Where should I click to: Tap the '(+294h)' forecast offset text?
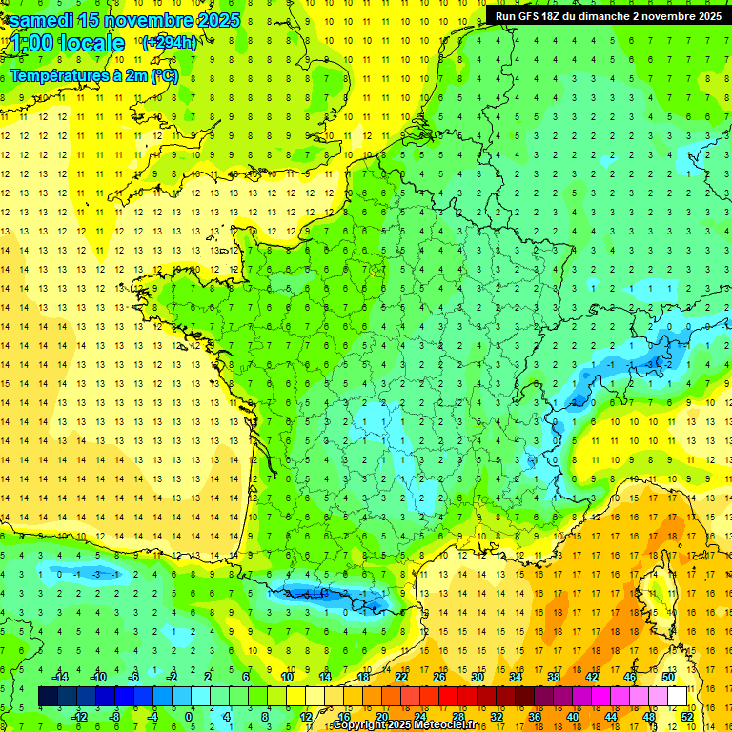pyautogui.click(x=169, y=42)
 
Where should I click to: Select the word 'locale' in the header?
pyautogui.click(x=91, y=43)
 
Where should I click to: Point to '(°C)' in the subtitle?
pyautogui.click(x=163, y=75)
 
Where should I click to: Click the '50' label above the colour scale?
pyautogui.click(x=668, y=676)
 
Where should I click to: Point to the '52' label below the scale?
pyautogui.click(x=687, y=717)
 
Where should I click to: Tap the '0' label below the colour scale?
pyautogui.click(x=189, y=717)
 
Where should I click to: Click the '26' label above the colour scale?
pyautogui.click(x=439, y=676)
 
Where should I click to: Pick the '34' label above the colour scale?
pyautogui.click(x=516, y=676)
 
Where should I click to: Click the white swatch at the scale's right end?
pyautogui.click(x=678, y=697)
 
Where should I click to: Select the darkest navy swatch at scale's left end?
pyautogui.click(x=49, y=697)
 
